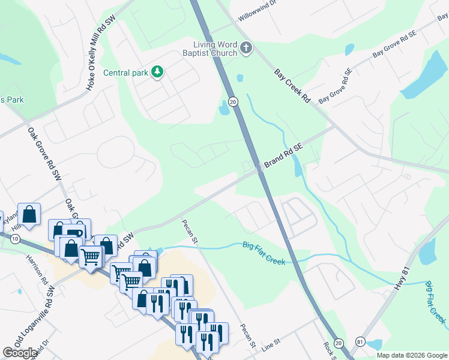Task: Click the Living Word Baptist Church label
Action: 215,49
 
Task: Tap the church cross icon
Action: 246,47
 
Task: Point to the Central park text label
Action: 125,73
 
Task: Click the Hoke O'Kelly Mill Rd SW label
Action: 100,53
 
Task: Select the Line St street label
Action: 271,343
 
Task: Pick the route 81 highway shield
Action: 360,341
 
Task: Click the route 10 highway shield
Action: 14,239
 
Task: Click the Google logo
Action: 20,353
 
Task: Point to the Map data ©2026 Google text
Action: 412,355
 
